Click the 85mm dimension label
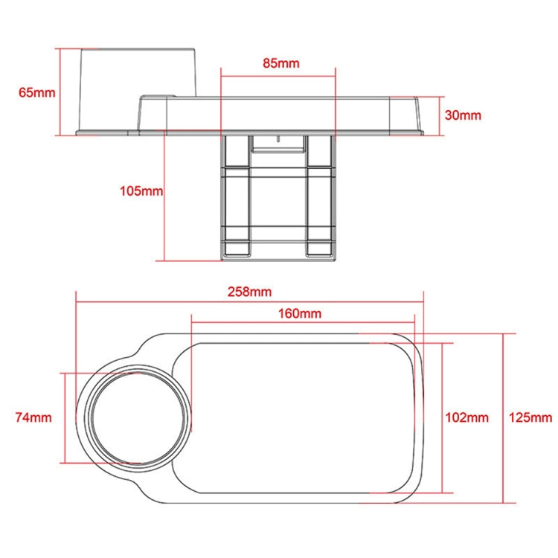(280, 63)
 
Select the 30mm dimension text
(462, 115)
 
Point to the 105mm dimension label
(141, 191)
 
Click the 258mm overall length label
(248, 291)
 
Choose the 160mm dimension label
(300, 313)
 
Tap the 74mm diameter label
(33, 417)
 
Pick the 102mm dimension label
(467, 417)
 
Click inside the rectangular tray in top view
(301, 417)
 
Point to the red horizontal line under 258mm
(249, 301)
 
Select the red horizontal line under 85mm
(278, 74)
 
